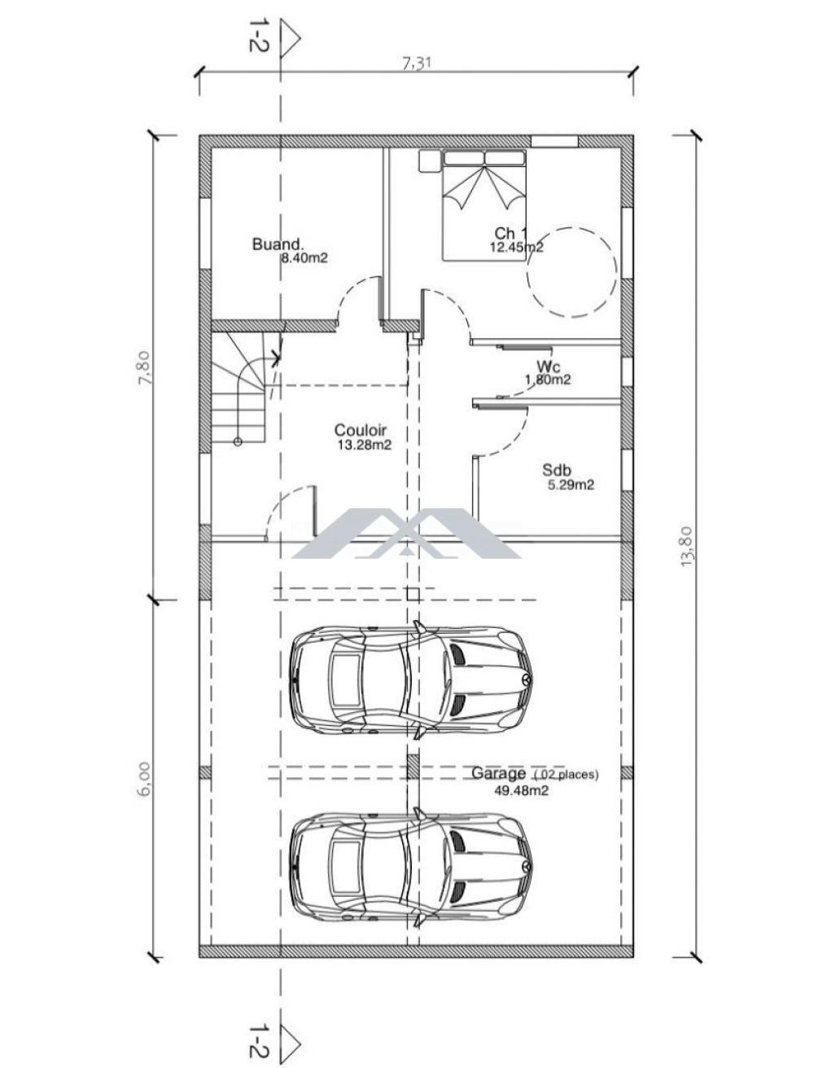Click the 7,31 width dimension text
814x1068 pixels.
tap(417, 64)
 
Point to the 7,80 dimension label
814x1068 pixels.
tap(146, 367)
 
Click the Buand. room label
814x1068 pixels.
tap(278, 244)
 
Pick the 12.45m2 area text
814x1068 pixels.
tap(517, 247)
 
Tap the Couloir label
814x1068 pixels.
tap(361, 430)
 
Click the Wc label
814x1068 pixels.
tap(548, 366)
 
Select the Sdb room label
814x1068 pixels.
tap(557, 470)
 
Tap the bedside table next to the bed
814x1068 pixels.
tap(430, 160)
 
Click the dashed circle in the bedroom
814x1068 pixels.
tap(572, 273)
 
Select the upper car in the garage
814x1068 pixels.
tap(411, 679)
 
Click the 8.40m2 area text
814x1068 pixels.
tap(304, 258)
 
